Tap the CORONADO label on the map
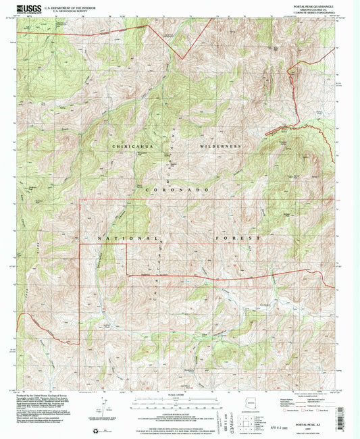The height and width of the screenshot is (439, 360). coord(179,191)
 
